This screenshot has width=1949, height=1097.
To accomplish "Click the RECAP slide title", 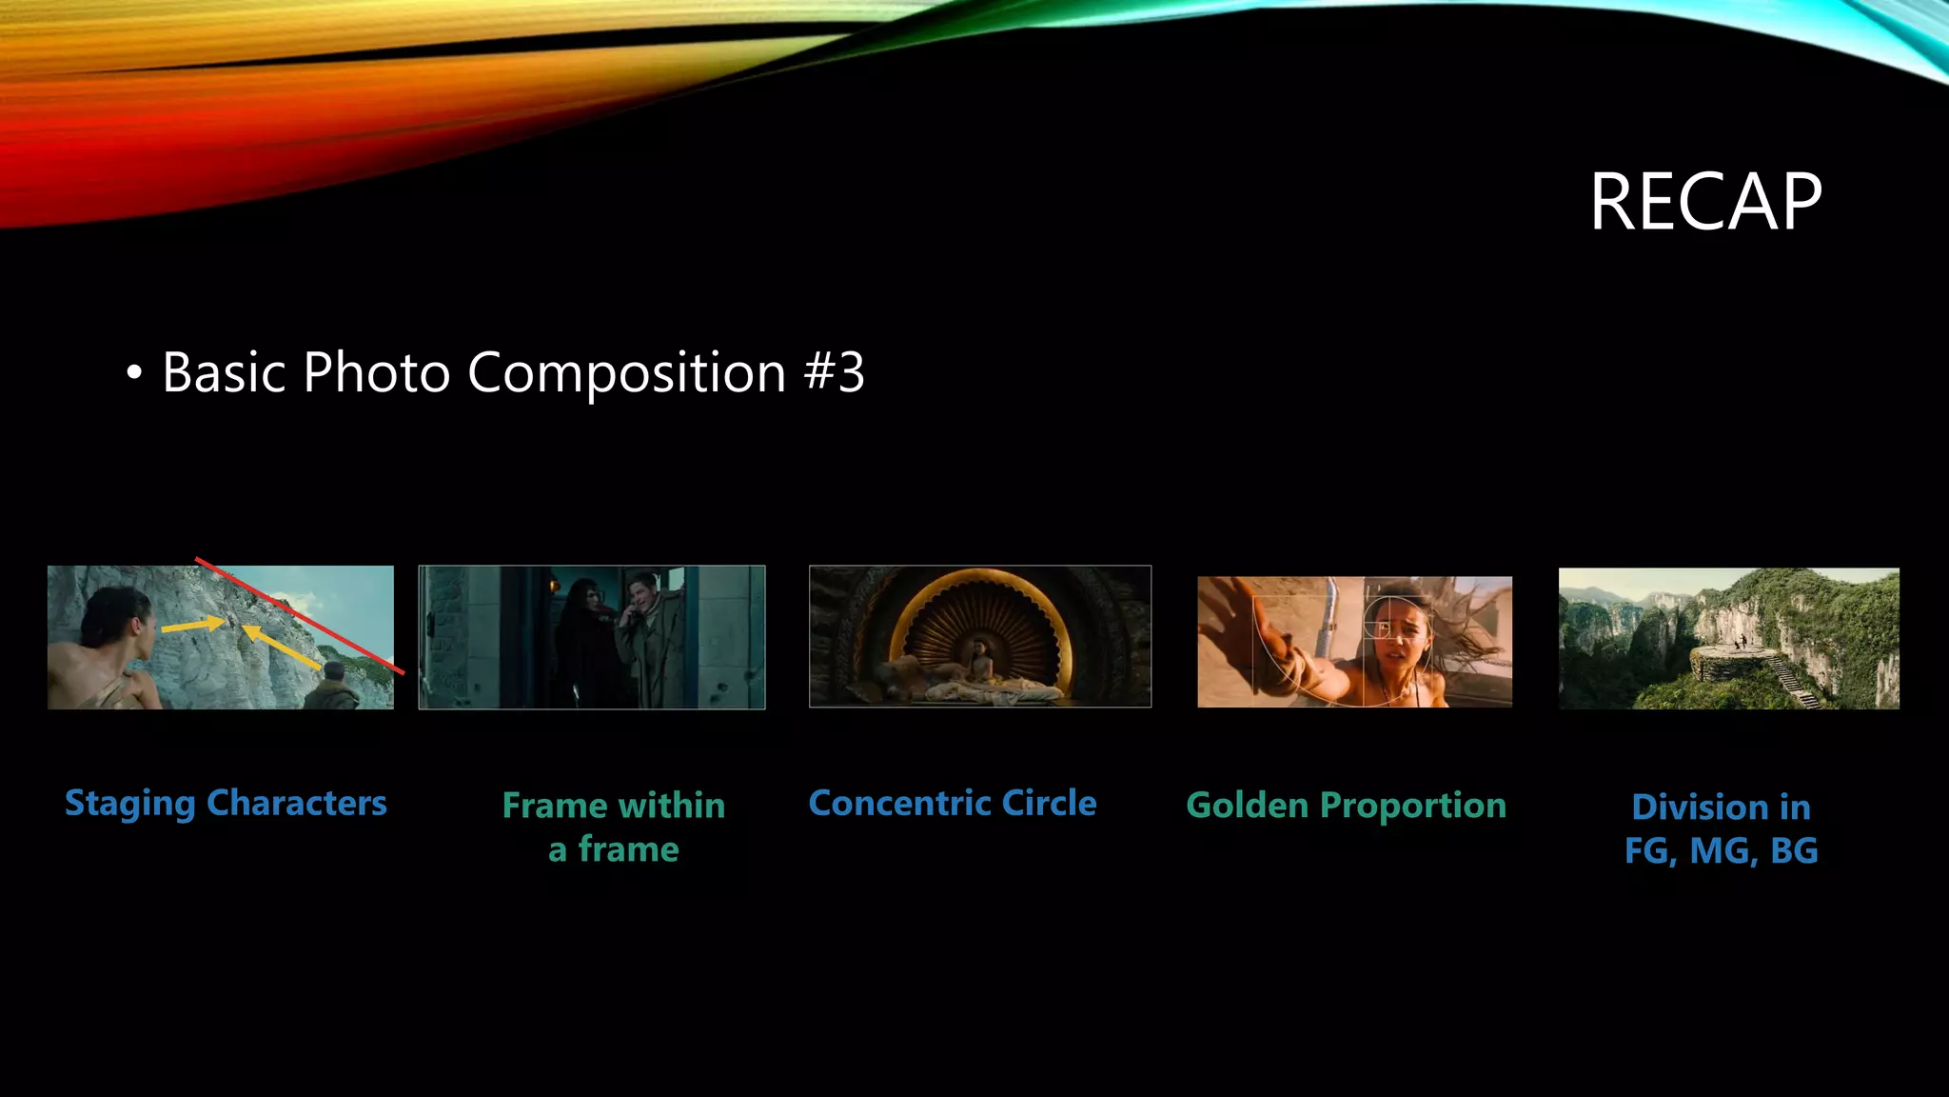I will pos(1705,202).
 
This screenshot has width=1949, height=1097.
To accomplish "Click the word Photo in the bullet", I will pos(376,372).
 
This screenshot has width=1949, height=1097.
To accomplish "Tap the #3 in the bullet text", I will pos(835,372).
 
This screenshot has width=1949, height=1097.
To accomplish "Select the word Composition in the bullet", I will pos(626,372).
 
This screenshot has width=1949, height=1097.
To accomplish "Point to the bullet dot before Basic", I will pos(134,373).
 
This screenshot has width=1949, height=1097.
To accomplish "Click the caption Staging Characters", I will pos(226,803).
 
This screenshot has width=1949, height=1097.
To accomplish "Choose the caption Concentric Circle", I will pos(952,803).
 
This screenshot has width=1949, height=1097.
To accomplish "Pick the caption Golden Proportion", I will pos(1346,806).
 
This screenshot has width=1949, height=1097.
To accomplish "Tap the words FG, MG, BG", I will pos(1721,850).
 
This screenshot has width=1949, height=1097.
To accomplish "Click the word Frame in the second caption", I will pos(554,806).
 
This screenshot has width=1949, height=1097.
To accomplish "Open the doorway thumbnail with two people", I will pos(591,636).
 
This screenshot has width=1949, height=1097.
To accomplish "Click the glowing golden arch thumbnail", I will pos(979,636).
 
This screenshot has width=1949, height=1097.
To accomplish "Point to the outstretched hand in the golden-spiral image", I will pos(1228,609).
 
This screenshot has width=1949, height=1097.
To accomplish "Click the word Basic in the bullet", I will pos(223,372).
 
